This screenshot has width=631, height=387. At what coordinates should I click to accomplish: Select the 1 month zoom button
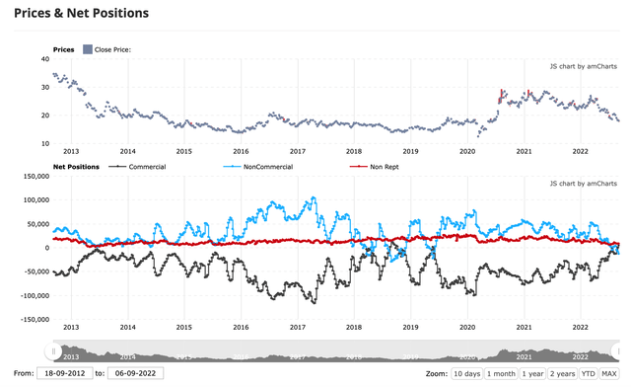coord(503,374)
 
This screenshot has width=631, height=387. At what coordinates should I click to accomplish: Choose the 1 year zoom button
coord(533,374)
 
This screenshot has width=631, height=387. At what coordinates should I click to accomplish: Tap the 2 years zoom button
coord(564,374)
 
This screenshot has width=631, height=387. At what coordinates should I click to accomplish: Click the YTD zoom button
coord(590,374)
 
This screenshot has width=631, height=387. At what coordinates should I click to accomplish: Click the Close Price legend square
coord(88,49)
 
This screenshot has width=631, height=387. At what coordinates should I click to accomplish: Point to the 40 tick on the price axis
coord(44,59)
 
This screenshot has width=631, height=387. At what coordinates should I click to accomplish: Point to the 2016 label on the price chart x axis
coord(241,151)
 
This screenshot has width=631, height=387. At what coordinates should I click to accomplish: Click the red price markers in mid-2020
coord(502,96)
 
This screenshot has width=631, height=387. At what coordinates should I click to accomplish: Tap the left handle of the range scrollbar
coord(52,349)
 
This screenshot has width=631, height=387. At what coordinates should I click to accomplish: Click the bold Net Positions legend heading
coord(75,167)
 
